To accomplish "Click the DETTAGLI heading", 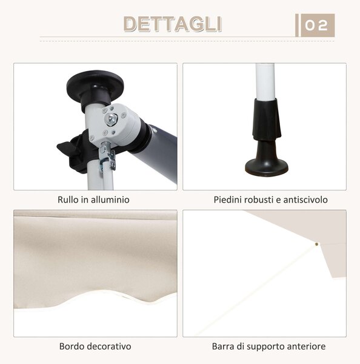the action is click(x=172, y=24).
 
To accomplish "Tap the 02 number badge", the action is click(x=318, y=25).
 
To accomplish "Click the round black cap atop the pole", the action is click(x=95, y=84).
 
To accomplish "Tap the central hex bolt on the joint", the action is click(x=111, y=120).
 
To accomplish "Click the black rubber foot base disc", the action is click(x=267, y=167).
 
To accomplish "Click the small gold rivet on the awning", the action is click(x=316, y=244).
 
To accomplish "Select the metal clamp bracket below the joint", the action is click(x=107, y=157).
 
